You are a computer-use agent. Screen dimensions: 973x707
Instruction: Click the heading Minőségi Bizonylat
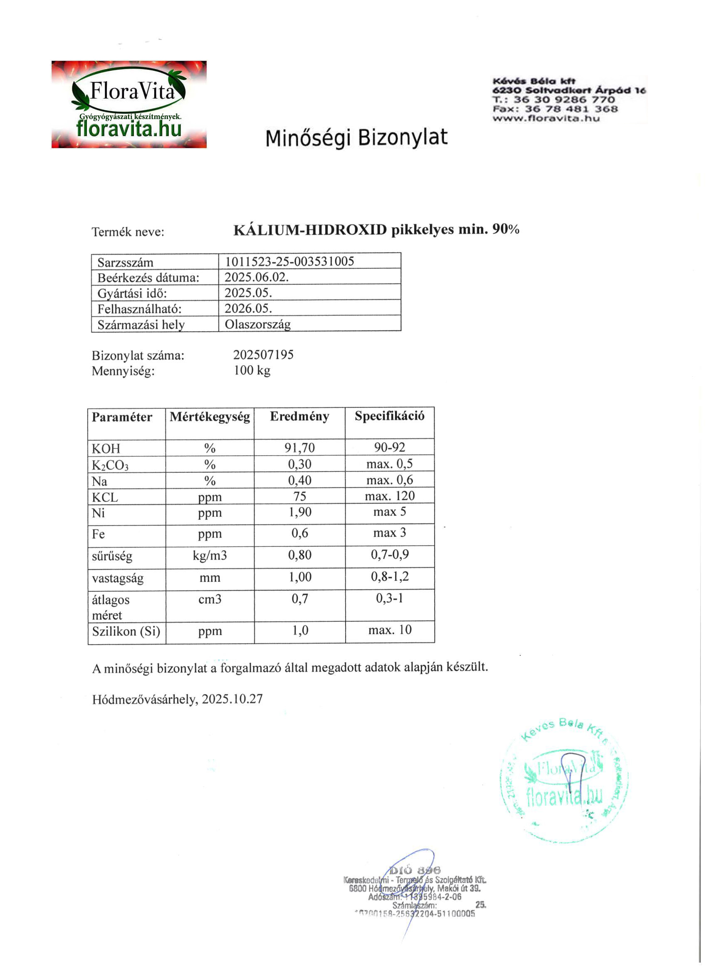[356, 138]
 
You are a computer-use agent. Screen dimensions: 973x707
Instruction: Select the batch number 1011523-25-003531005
[289, 261]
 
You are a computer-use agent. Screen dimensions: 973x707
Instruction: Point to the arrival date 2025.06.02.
[256, 277]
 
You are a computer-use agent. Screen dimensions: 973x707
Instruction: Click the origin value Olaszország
[257, 324]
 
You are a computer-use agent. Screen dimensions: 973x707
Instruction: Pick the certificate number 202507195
[263, 355]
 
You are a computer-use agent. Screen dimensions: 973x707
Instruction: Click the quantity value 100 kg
[252, 370]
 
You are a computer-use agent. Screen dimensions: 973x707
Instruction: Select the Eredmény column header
[299, 417]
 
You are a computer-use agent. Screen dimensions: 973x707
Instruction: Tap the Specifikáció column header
[389, 416]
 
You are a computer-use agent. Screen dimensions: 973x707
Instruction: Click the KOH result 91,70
[299, 448]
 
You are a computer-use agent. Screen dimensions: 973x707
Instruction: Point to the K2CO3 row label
[110, 465]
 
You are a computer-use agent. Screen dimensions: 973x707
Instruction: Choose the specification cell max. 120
[389, 496]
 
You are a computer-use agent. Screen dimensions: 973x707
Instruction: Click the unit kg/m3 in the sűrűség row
[210, 556]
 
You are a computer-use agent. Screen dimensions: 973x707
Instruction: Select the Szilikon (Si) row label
[126, 631]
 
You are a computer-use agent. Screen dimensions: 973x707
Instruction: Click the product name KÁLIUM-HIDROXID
[310, 230]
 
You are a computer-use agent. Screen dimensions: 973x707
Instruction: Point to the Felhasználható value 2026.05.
[248, 308]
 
